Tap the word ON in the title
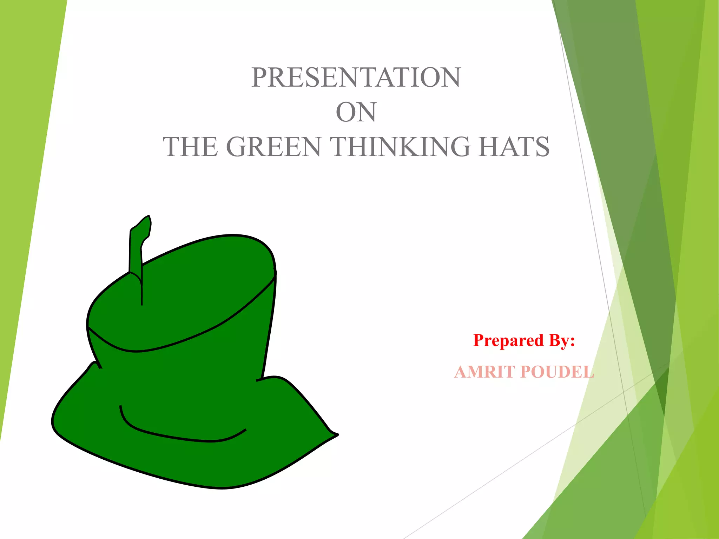pos(356,112)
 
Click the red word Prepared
pos(503,341)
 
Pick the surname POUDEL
pos(557,372)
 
